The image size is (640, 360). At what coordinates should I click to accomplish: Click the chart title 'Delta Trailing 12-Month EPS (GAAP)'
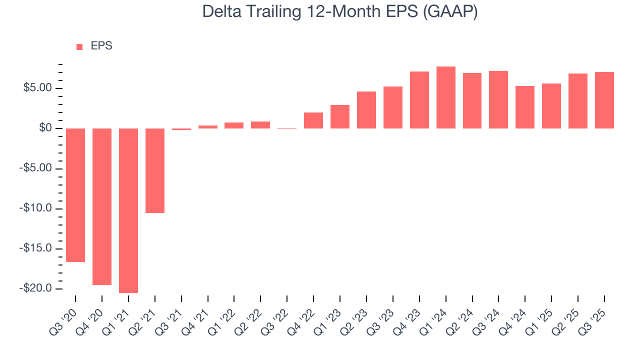tap(340, 12)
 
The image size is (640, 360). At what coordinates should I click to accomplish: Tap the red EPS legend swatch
tap(79, 46)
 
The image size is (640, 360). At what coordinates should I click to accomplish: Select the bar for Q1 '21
tap(128, 210)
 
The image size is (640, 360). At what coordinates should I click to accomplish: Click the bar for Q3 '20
tap(75, 195)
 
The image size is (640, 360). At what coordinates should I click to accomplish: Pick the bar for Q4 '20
tap(102, 206)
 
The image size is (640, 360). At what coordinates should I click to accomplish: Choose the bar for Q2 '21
tap(155, 170)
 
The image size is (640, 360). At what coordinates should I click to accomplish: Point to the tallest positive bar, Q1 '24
tap(446, 97)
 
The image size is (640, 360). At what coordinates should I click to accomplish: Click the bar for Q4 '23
tap(419, 100)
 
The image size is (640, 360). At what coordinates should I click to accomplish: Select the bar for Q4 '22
tap(313, 120)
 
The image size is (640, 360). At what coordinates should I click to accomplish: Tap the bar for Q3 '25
tap(604, 100)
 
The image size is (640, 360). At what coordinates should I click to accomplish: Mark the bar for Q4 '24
tap(525, 107)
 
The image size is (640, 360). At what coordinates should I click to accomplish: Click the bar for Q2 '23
tap(366, 110)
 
